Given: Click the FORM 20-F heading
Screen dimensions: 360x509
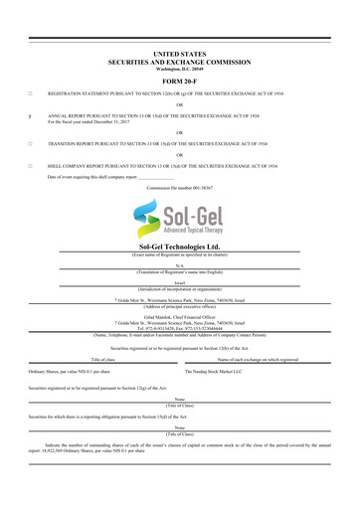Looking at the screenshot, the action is coord(180,82).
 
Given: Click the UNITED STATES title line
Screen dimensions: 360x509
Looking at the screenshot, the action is coord(180,49).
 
